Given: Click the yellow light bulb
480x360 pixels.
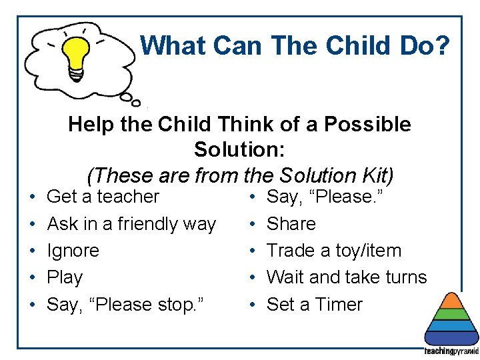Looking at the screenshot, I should [x=77, y=57].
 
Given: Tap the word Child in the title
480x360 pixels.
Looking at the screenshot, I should [x=351, y=45].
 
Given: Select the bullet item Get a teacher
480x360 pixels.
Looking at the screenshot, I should [x=103, y=197].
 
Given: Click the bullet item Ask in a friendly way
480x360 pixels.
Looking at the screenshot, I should [x=131, y=224].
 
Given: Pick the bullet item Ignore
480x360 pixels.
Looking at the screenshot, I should [x=73, y=251].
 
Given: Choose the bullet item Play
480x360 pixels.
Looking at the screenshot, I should [x=65, y=277].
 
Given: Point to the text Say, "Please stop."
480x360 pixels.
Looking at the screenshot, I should [x=125, y=305].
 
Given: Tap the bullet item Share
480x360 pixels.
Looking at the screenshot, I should [x=291, y=224].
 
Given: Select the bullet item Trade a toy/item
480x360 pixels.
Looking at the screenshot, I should [x=334, y=251].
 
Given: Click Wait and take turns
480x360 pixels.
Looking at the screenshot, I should [x=346, y=277].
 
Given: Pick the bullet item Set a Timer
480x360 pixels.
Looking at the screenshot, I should [x=314, y=305].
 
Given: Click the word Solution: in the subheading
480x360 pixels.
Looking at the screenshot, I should [x=239, y=149].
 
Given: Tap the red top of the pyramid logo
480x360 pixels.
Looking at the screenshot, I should [x=453, y=298].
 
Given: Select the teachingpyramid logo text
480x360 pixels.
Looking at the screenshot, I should [x=451, y=351].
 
